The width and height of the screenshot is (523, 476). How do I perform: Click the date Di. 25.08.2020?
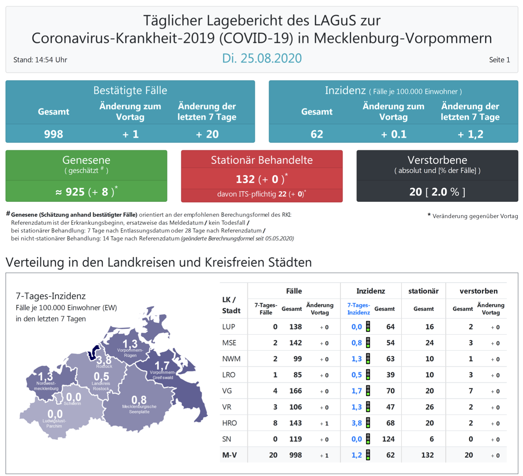[x=262, y=58]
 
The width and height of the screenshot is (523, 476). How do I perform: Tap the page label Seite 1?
[x=499, y=60]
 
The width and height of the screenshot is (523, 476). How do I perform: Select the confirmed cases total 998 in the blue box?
[x=54, y=134]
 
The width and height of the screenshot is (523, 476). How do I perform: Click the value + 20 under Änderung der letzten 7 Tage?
[x=207, y=134]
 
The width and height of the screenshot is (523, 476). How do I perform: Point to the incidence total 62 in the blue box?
[x=317, y=134]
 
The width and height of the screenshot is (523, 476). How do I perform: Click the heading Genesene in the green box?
[x=86, y=160]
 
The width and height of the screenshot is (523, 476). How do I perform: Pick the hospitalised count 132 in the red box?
[x=245, y=179]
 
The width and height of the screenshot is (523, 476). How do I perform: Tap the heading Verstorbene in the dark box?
[x=437, y=160]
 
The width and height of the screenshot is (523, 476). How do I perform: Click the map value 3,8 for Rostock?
[x=104, y=360]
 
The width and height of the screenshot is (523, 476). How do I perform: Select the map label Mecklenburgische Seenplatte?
[x=139, y=409]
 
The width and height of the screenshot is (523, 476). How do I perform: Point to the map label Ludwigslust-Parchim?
[x=54, y=423]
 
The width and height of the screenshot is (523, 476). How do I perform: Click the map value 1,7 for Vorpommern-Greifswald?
[x=162, y=365]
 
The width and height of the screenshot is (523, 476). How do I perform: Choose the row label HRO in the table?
[x=229, y=423]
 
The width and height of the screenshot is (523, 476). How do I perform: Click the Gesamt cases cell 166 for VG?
[x=295, y=391]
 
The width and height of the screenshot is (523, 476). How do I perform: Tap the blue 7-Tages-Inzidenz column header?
[x=358, y=309]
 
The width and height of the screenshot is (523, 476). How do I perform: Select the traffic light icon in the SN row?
[x=368, y=439]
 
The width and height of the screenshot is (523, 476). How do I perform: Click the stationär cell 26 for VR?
[x=429, y=407]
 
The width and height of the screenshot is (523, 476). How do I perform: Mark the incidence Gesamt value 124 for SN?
[x=388, y=439]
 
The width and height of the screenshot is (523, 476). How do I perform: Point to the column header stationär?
[x=423, y=291]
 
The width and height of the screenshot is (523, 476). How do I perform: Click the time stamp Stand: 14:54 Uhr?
[x=40, y=60]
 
